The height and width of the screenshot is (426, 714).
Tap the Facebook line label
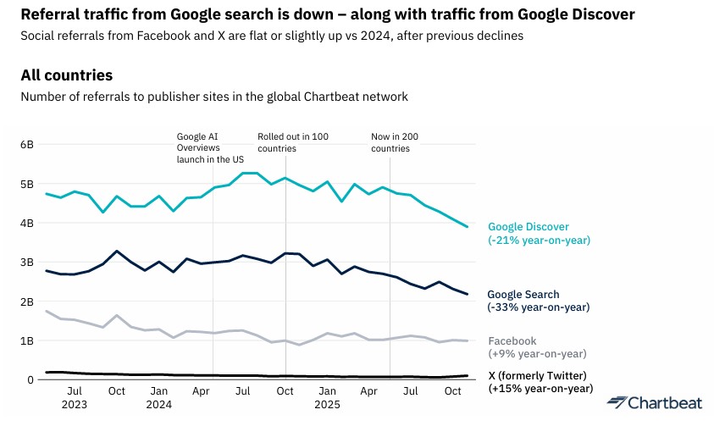[512, 340]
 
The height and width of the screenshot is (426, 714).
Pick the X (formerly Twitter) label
[538, 375]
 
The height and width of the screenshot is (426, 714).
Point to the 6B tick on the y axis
[27, 145]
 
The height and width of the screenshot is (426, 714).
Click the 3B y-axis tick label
[27, 263]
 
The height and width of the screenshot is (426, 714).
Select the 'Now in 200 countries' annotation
[396, 142]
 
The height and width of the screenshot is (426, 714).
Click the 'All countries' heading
[66, 75]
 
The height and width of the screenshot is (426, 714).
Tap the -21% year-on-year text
[539, 240]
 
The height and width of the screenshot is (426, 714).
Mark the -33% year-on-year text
[538, 307]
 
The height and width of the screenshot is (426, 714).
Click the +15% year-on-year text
[538, 389]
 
